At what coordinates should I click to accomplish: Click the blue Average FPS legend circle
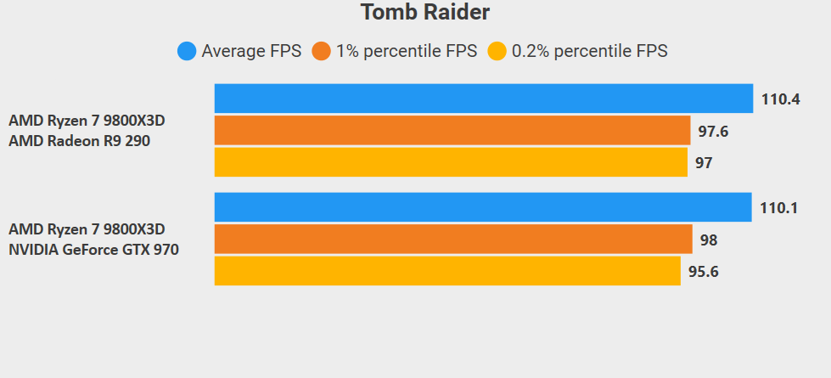[187, 51]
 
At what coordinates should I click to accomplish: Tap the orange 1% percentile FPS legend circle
[322, 51]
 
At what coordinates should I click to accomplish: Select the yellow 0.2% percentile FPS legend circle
[497, 51]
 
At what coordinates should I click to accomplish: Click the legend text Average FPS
[251, 51]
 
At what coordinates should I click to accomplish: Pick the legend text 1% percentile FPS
[407, 51]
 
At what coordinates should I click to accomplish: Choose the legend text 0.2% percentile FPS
[590, 51]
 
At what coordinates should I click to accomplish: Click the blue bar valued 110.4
[484, 99]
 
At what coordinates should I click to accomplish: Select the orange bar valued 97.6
[452, 131]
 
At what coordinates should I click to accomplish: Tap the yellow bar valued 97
[451, 162]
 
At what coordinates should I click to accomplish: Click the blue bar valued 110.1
[483, 207]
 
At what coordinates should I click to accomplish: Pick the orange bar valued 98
[453, 240]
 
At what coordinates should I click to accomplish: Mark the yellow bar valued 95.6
[447, 271]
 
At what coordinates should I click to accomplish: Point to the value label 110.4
[781, 99]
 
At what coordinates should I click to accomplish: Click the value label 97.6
[714, 132]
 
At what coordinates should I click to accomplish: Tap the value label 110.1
[779, 208]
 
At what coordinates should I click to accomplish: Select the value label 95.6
[704, 273]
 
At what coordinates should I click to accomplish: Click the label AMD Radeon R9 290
[79, 141]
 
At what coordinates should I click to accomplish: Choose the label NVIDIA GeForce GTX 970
[93, 250]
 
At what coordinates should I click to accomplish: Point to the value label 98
[709, 240]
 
